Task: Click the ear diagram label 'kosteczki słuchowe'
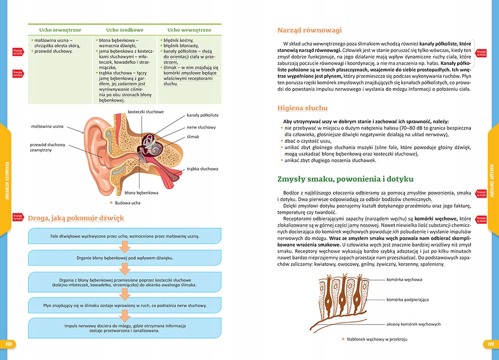click(x=146, y=111)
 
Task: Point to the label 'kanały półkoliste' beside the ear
click(x=203, y=115)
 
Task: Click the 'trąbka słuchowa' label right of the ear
click(x=203, y=169)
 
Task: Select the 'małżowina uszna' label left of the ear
click(x=46, y=127)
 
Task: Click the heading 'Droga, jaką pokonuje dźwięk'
click(x=76, y=218)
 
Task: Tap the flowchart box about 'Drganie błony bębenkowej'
click(x=125, y=258)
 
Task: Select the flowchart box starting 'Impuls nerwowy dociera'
click(x=125, y=328)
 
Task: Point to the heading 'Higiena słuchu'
click(x=302, y=108)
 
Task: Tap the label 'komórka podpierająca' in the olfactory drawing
click(x=408, y=300)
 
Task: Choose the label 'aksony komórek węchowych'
click(x=414, y=324)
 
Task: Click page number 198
click(x=8, y=345)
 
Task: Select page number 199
click(x=490, y=345)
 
